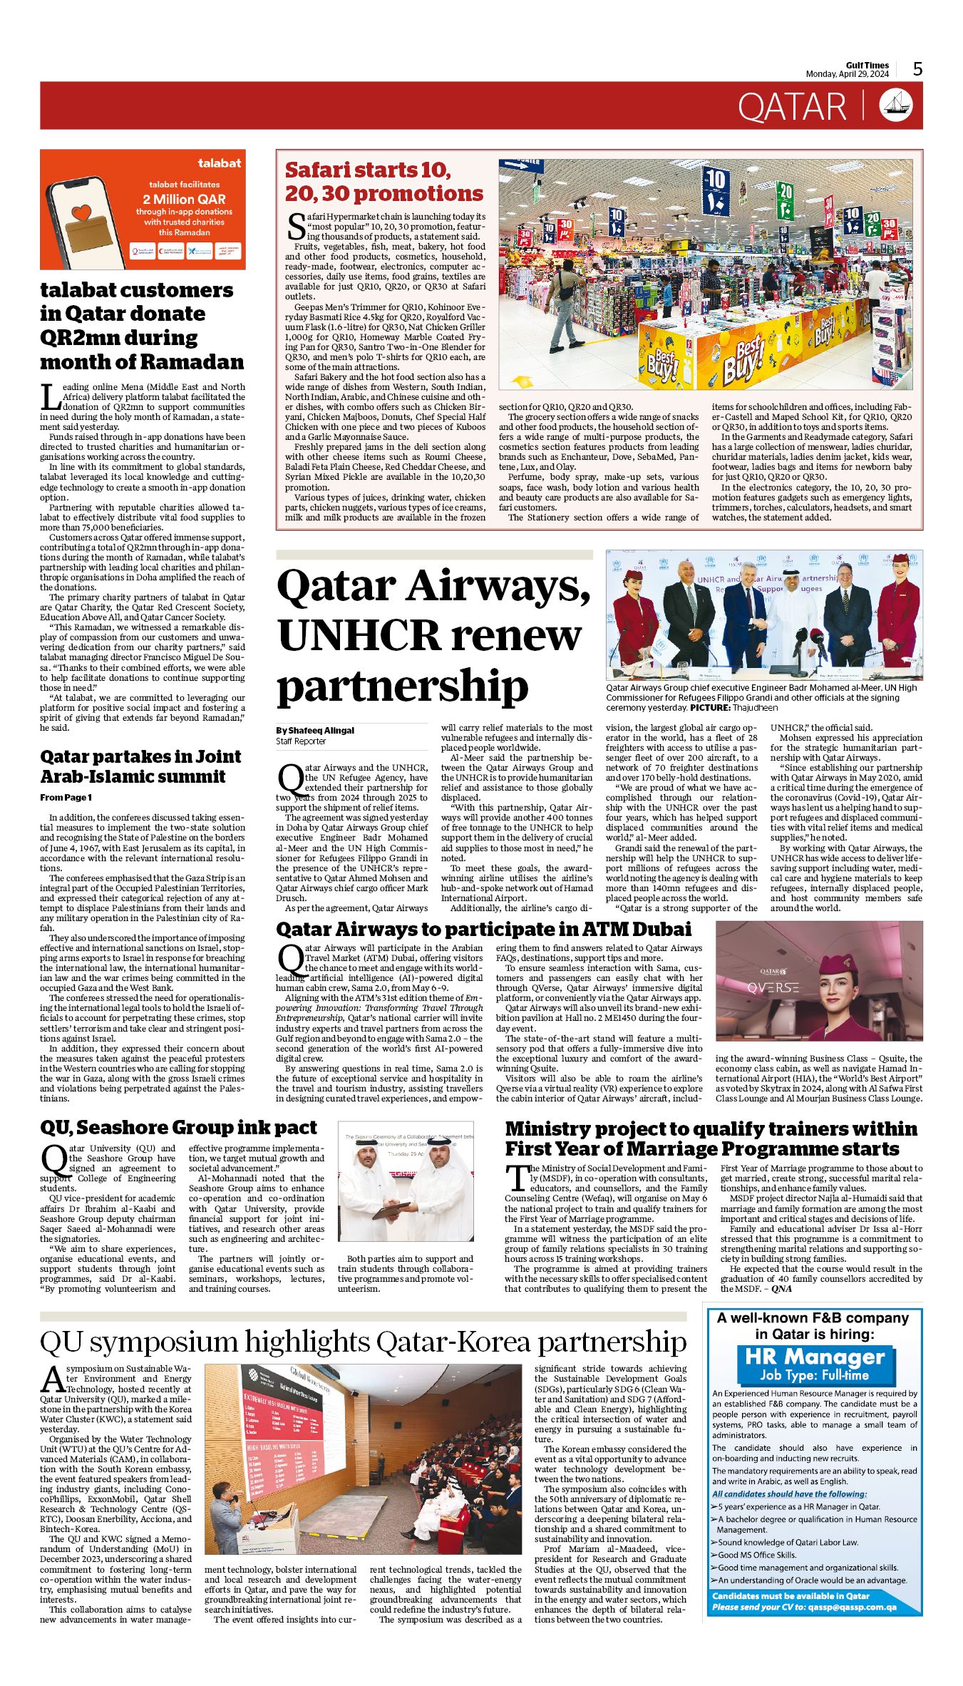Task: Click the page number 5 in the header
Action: point(917,68)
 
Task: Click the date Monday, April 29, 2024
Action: point(847,74)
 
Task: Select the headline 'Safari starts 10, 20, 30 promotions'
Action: point(383,182)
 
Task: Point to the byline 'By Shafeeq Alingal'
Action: point(314,730)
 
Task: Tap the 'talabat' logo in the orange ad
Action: point(219,163)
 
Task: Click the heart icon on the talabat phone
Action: point(82,212)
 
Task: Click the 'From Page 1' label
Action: point(66,797)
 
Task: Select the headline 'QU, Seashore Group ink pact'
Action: point(178,1127)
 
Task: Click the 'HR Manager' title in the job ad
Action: point(814,1357)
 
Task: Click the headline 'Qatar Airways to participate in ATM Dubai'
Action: point(483,929)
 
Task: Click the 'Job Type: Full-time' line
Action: point(814,1375)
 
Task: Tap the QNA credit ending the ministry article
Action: point(781,1288)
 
